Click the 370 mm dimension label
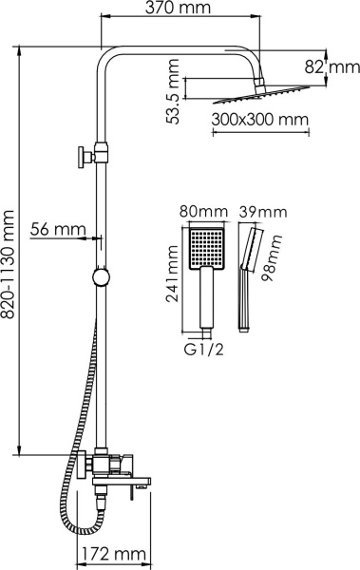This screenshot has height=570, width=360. pyautogui.click(x=180, y=10)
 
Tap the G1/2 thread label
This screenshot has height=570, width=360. pyautogui.click(x=202, y=349)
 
